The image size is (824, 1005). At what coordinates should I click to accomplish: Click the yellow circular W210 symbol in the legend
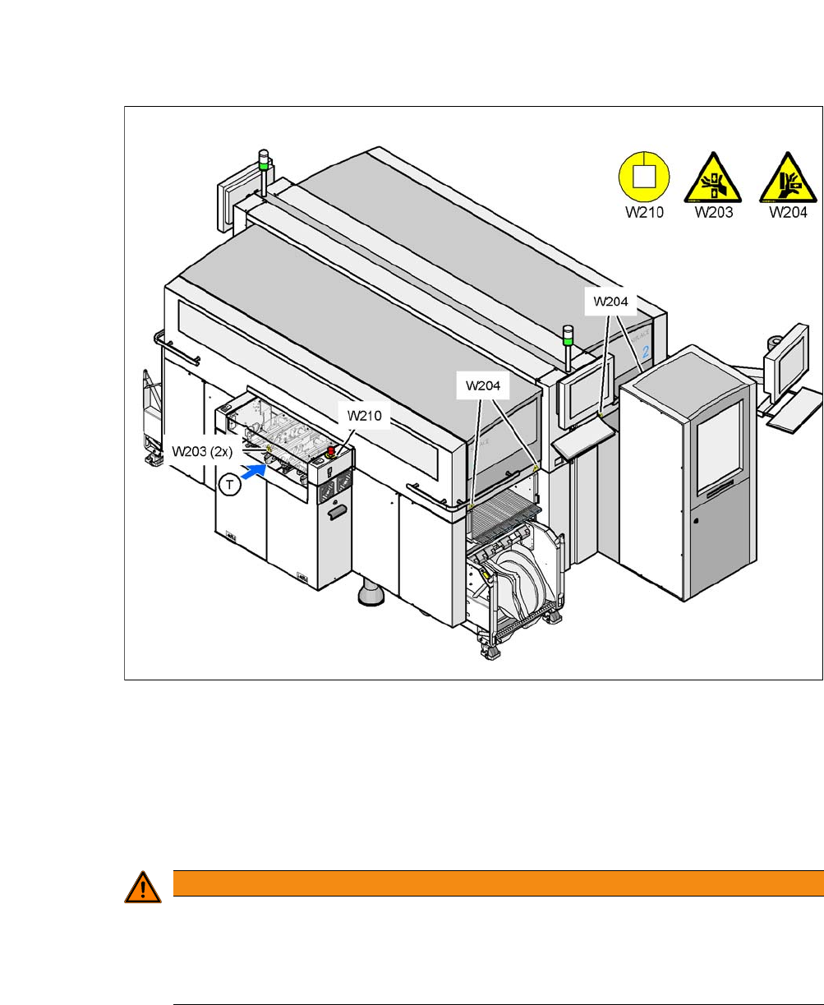[x=644, y=177]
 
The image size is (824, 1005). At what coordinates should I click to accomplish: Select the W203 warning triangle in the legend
[x=713, y=178]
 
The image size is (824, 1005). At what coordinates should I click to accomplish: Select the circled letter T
[x=232, y=485]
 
